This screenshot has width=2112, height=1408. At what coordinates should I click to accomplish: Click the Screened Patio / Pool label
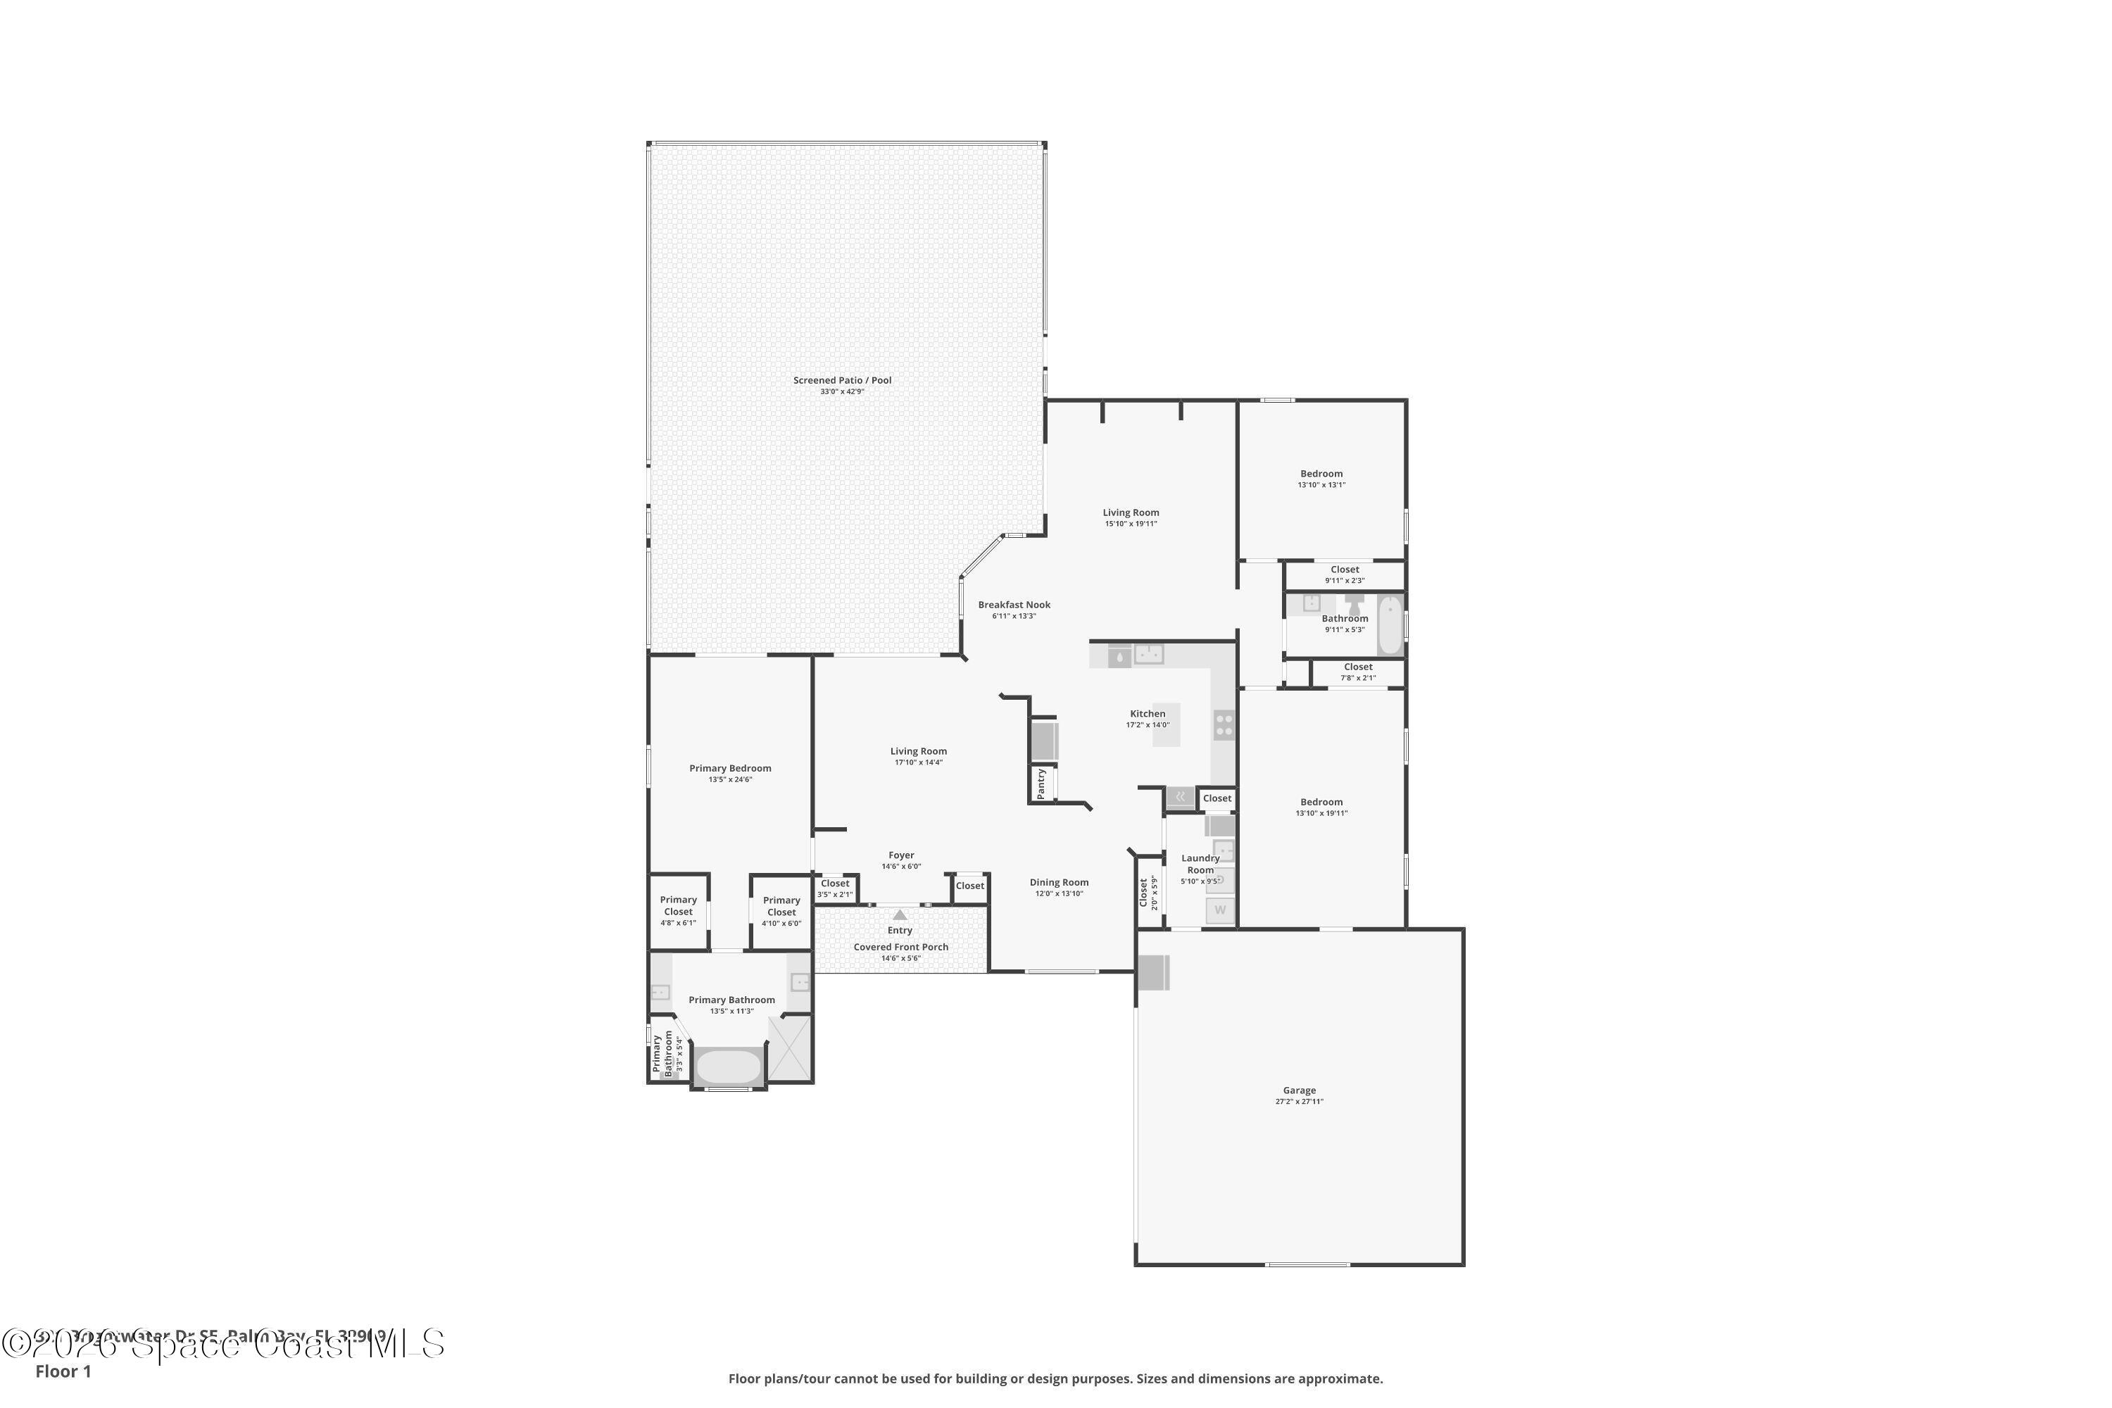pyautogui.click(x=841, y=381)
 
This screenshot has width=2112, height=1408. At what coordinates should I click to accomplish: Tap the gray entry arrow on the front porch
pyautogui.click(x=900, y=915)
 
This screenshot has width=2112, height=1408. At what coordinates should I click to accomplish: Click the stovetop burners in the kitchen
pyautogui.click(x=1224, y=724)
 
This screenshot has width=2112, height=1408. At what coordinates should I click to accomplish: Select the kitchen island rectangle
pyautogui.click(x=1167, y=724)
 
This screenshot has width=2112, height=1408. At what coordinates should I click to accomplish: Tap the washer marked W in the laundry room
pyautogui.click(x=1219, y=910)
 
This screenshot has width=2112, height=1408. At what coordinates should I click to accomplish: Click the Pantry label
pyautogui.click(x=1041, y=783)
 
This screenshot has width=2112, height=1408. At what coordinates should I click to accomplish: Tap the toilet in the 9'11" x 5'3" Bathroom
pyautogui.click(x=1354, y=603)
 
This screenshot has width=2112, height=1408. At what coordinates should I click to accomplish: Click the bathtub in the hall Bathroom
pyautogui.click(x=1389, y=625)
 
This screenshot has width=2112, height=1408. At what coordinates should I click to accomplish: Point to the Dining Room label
pyautogui.click(x=1059, y=883)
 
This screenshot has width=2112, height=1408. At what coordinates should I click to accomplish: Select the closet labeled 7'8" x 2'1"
pyautogui.click(x=1358, y=672)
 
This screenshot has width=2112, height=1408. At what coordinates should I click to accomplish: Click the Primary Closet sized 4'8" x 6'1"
pyautogui.click(x=678, y=910)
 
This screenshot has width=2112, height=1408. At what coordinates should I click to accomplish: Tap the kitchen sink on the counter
pyautogui.click(x=1148, y=655)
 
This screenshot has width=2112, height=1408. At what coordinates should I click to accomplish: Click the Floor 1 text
pyautogui.click(x=63, y=1371)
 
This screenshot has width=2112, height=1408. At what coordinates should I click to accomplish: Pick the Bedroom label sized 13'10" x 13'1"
pyautogui.click(x=1321, y=474)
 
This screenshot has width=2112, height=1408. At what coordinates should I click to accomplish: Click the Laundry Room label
pyautogui.click(x=1200, y=864)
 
